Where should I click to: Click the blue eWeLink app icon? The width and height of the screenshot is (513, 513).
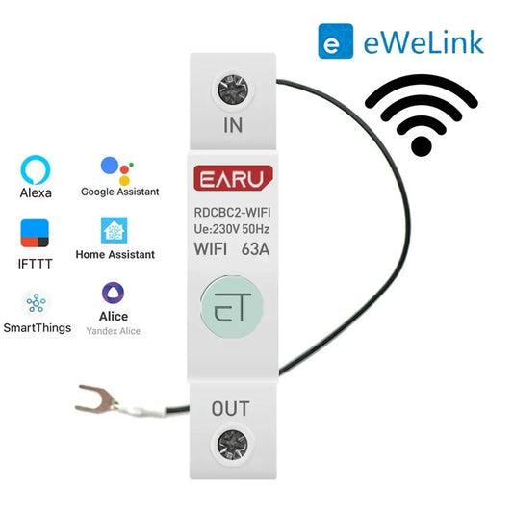click(x=336, y=41)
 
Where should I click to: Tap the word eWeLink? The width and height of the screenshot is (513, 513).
click(x=423, y=42)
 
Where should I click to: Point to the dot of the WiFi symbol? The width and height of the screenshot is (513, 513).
click(x=422, y=146)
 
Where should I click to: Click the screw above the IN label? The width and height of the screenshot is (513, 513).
click(x=233, y=90)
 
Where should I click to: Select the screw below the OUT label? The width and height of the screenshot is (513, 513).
click(x=233, y=445)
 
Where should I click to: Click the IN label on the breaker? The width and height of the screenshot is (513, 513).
click(x=233, y=125)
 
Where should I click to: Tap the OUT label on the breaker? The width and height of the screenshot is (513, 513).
click(x=230, y=409)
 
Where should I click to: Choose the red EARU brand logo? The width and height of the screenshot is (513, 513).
click(x=233, y=178)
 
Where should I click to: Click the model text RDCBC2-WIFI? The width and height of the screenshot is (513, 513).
click(x=232, y=213)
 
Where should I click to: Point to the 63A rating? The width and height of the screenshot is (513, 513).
click(x=255, y=249)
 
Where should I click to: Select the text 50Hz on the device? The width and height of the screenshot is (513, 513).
click(x=256, y=229)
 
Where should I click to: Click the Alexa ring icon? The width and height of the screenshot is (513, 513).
click(x=36, y=169)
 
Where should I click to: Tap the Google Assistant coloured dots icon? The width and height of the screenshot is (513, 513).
click(x=117, y=170)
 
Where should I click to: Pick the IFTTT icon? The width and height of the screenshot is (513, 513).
click(x=35, y=233)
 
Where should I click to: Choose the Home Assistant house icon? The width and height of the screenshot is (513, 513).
click(x=114, y=230)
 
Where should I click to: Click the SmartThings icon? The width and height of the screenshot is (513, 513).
click(x=36, y=303)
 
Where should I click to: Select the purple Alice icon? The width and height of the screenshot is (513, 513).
click(x=114, y=293)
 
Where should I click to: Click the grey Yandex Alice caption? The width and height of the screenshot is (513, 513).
click(x=114, y=331)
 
